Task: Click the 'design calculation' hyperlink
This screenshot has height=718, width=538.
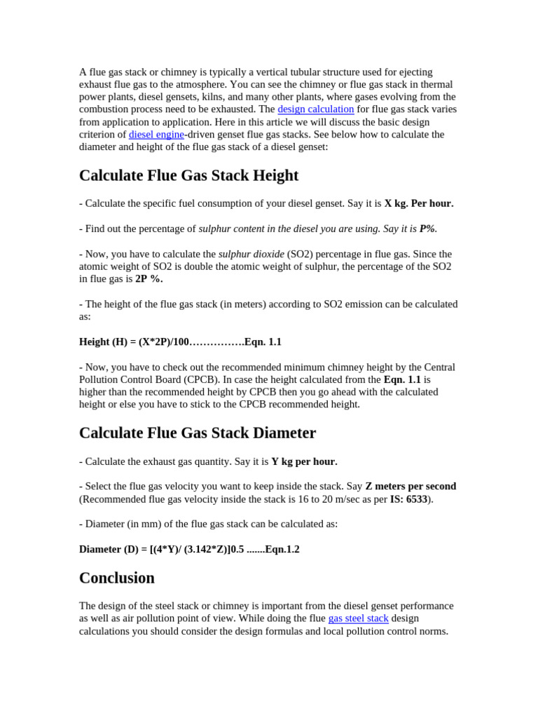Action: [315, 109]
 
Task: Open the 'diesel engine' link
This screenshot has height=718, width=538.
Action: [156, 135]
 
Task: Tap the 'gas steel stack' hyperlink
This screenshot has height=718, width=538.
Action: [358, 618]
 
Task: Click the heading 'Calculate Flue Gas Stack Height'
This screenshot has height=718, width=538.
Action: [188, 175]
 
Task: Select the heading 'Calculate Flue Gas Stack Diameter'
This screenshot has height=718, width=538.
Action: [198, 433]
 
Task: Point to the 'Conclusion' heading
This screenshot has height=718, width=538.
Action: [116, 578]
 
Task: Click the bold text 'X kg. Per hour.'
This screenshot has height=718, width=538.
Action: [419, 203]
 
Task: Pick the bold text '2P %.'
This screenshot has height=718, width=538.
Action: [149, 279]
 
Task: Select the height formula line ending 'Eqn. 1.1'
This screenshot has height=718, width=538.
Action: [180, 342]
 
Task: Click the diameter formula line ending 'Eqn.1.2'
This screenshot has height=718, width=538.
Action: [189, 550]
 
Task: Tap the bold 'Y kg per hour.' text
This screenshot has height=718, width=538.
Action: [304, 461]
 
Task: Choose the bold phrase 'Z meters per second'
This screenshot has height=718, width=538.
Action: [411, 487]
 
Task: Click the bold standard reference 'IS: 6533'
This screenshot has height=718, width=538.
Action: [408, 499]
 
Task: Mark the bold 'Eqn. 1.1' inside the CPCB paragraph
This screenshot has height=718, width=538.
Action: [402, 380]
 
